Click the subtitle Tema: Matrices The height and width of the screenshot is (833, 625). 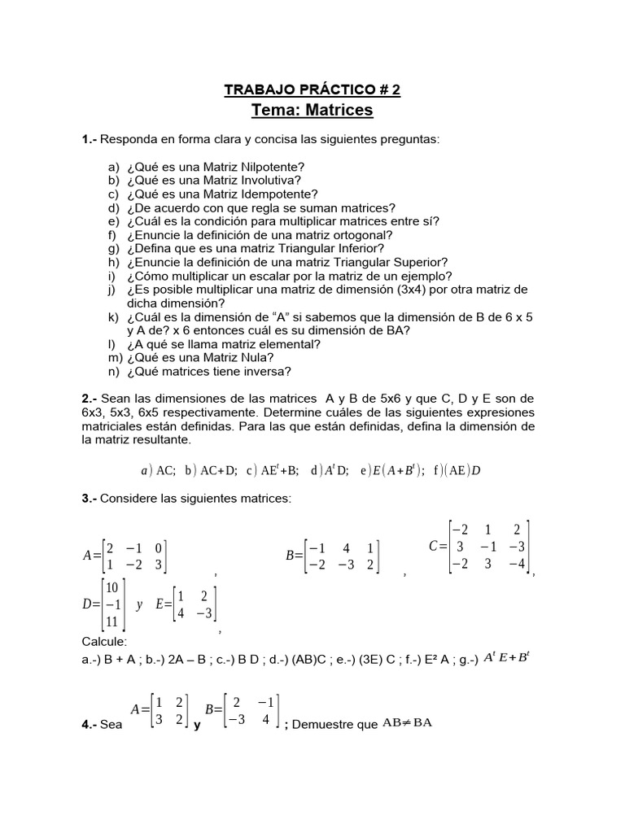312,109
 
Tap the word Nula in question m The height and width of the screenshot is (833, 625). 250,357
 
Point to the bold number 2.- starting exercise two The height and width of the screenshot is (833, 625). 90,399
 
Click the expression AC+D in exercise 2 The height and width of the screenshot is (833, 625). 218,470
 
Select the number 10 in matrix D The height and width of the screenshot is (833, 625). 112,587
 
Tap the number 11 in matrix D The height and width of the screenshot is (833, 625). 112,621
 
